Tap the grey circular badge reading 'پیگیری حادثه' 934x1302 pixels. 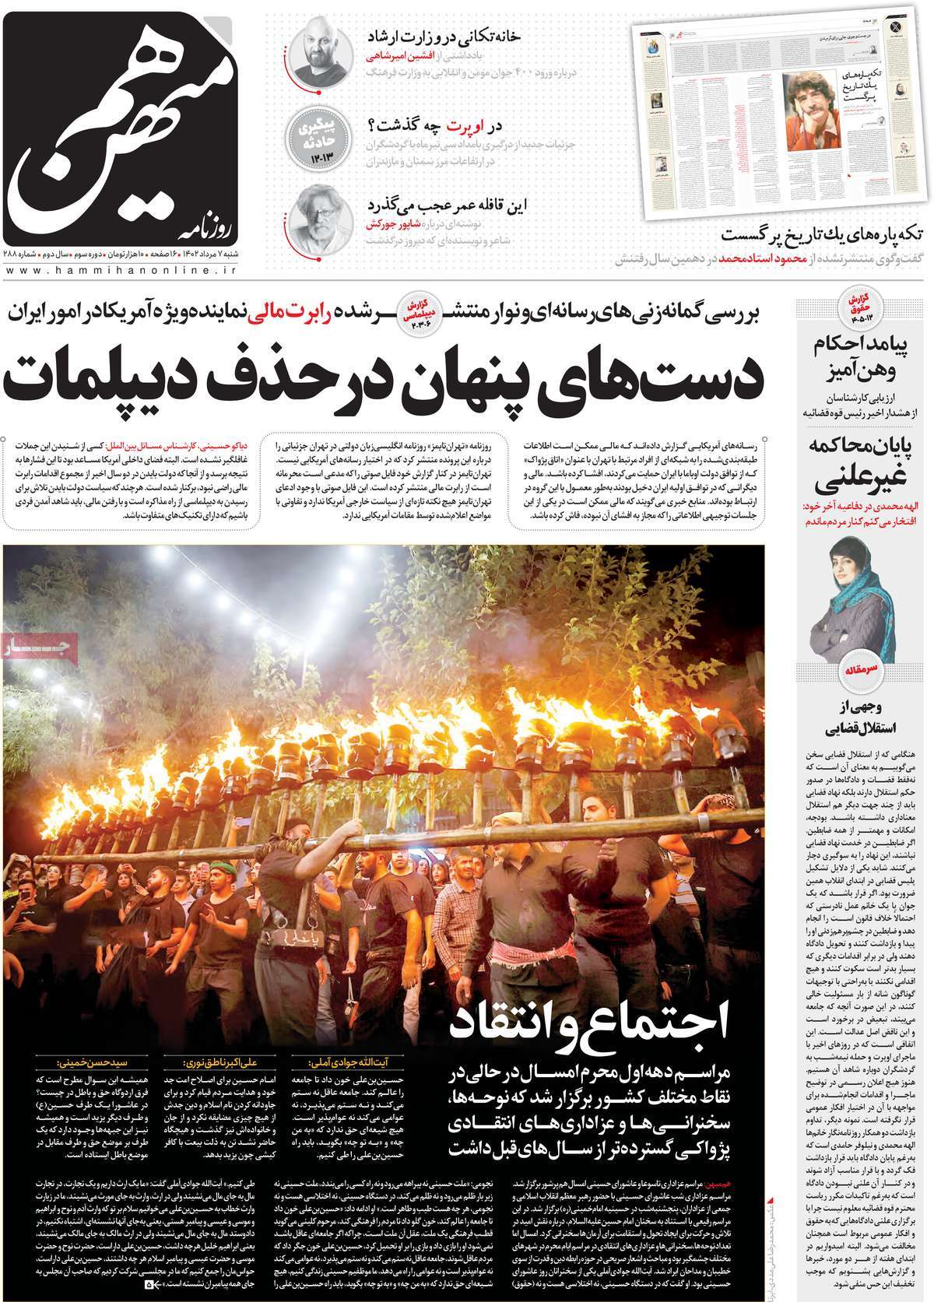[x=318, y=135]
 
